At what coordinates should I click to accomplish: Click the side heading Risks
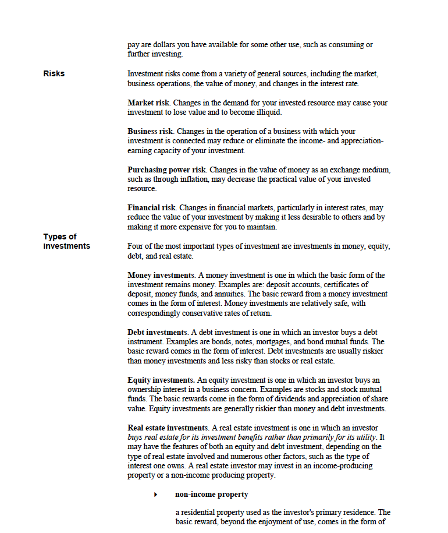[x=54, y=73]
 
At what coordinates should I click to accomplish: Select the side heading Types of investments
[x=66, y=241]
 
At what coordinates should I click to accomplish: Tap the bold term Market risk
[x=148, y=103]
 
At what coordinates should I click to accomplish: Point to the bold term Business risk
[x=151, y=132]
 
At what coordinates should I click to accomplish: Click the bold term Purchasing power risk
[x=166, y=170]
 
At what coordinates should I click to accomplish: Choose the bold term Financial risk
[x=151, y=208]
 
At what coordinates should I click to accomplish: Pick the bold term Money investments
[x=161, y=275]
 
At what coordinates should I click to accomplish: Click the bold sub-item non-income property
[x=211, y=495]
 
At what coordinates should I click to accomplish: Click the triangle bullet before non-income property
[x=155, y=495]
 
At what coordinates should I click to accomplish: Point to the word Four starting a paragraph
[x=136, y=246]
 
